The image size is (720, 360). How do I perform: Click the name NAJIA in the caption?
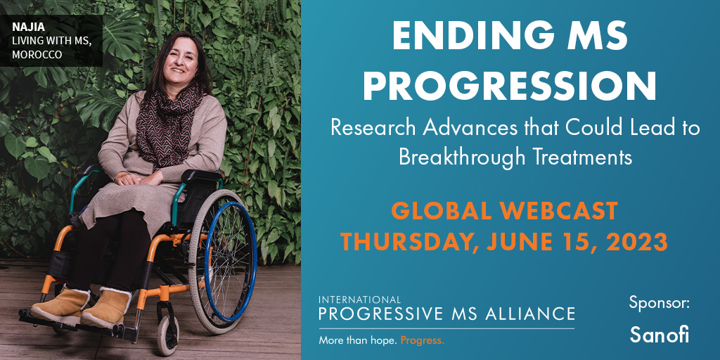coord(22,27)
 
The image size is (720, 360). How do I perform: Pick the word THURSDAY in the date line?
coord(406,243)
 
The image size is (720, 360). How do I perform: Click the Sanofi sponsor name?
coord(659,334)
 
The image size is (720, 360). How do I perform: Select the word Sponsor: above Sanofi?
coord(660,304)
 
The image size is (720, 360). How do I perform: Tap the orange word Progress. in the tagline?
coord(423,341)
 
